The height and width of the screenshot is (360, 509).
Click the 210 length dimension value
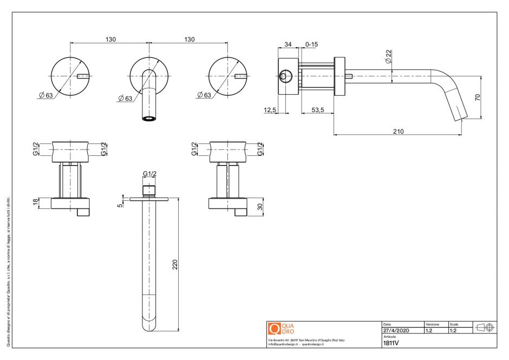click(x=399, y=131)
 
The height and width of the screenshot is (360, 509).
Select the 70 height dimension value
click(x=477, y=97)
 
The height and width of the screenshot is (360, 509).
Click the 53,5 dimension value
click(x=317, y=110)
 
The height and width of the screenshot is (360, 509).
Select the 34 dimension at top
click(x=288, y=44)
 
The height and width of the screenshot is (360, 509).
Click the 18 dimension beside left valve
click(x=36, y=202)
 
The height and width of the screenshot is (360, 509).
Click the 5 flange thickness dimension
click(x=120, y=205)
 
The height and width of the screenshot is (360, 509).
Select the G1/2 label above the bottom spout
click(x=149, y=174)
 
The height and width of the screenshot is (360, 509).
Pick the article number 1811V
click(x=391, y=343)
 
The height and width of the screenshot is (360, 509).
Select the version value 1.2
click(x=429, y=330)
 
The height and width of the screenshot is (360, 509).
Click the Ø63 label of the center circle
click(x=125, y=98)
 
